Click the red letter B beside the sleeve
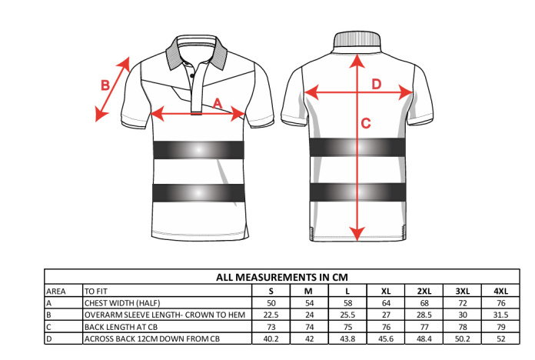(x=105, y=85)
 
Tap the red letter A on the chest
(x=218, y=103)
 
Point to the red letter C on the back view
(x=366, y=123)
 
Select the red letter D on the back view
(x=377, y=84)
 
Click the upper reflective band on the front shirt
(x=198, y=149)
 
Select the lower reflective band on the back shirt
(x=357, y=192)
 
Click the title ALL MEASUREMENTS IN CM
(x=282, y=277)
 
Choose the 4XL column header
(x=500, y=291)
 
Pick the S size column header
(x=271, y=291)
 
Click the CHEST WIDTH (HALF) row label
(x=122, y=303)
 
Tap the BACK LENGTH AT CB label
(x=121, y=327)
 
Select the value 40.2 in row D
(x=271, y=338)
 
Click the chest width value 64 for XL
(x=386, y=303)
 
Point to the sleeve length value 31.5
(x=500, y=315)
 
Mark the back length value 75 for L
(x=347, y=327)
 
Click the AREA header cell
(x=56, y=292)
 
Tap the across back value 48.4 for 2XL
(x=424, y=338)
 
